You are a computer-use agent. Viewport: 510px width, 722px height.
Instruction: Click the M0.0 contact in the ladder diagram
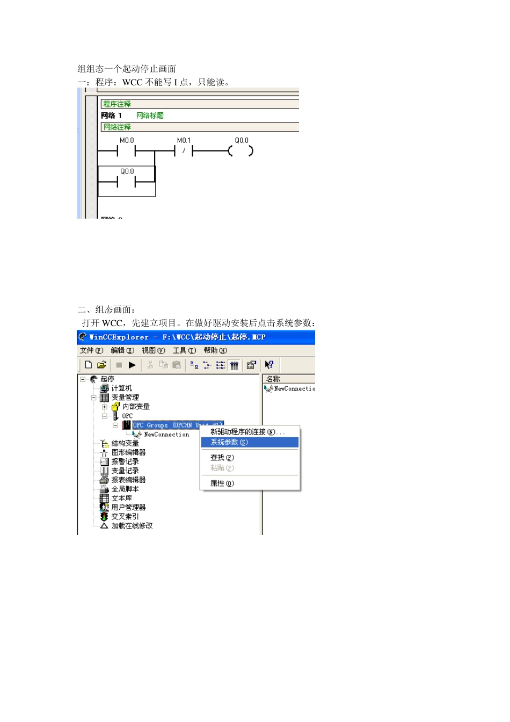click(126, 151)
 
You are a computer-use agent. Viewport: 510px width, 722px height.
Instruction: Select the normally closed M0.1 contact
click(184, 151)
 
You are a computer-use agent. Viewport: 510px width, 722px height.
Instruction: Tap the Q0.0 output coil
click(241, 151)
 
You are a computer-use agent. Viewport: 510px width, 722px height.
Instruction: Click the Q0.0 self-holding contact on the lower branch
click(126, 182)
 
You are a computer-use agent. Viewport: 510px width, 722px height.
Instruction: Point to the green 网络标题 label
click(150, 115)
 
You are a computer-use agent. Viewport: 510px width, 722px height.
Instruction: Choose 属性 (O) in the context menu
click(222, 483)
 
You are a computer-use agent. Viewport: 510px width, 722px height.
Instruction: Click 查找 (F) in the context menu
click(222, 458)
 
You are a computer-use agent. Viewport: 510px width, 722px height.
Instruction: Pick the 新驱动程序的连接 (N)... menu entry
click(247, 432)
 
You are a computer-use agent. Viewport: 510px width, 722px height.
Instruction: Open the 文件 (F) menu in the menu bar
click(91, 350)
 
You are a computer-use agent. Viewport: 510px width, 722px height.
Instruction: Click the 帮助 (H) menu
click(215, 350)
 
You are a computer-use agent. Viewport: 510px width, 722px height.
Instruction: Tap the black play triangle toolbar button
click(132, 365)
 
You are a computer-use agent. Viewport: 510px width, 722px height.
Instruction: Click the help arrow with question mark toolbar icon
click(269, 365)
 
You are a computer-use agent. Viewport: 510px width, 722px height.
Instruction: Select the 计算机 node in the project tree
click(121, 388)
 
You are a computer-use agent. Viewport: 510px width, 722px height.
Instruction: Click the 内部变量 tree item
click(136, 407)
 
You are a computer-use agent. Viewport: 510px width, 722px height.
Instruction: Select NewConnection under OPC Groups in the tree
click(166, 435)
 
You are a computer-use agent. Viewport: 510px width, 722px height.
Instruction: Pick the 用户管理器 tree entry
click(128, 507)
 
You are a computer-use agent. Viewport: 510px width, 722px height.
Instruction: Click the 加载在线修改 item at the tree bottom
click(132, 526)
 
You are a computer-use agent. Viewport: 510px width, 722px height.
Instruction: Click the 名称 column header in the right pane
click(274, 379)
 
